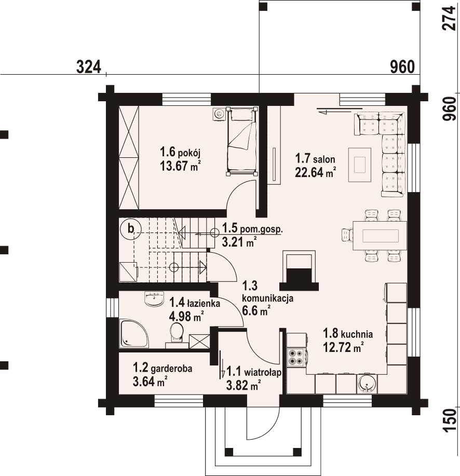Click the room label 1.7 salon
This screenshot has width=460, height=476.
315,159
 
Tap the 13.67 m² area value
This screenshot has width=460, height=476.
180,166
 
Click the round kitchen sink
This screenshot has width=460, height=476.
367,384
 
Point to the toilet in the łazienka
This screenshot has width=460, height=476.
176,333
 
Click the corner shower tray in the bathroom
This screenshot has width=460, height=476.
133,333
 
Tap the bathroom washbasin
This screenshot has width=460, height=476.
154,298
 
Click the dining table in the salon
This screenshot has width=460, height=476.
380,235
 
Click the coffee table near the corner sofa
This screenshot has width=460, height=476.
360,165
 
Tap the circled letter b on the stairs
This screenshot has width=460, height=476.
130,228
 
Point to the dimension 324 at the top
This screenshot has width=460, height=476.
88,67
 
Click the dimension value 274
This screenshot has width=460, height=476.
450,18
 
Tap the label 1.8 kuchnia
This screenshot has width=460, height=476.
348,334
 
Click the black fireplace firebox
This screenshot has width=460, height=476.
299,276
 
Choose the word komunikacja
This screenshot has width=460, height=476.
267,298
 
